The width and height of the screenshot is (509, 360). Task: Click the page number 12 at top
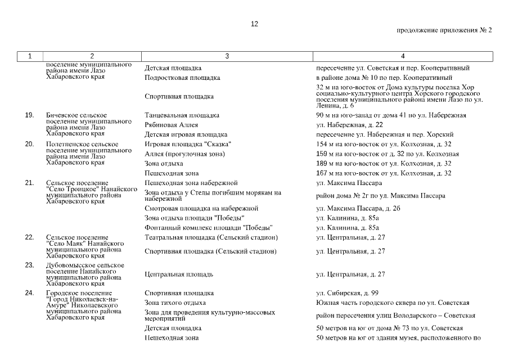point(254,24)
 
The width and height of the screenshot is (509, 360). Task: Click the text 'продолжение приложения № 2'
point(444,30)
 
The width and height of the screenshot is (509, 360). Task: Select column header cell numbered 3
point(227,56)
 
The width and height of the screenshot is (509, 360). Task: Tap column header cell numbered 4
point(403,56)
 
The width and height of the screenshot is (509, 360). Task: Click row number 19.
point(30,115)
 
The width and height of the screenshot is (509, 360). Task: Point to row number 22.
point(30,237)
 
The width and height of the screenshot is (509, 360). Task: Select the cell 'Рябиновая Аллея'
point(171,125)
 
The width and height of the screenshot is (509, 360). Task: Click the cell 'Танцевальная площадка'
point(182,115)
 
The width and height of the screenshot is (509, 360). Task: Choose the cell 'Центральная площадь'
point(178,274)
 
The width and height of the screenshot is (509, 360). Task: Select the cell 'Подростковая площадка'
point(182,78)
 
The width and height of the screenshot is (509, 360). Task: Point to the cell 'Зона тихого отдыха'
point(175,303)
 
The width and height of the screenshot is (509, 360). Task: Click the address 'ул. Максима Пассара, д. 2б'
point(358,209)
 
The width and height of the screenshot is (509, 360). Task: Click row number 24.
point(30,293)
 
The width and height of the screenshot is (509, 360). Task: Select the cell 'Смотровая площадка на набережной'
point(201,209)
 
